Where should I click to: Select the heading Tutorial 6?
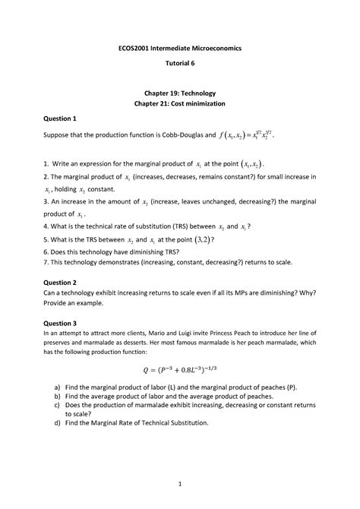click(x=180, y=64)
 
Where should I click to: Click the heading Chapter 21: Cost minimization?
click(x=180, y=104)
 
